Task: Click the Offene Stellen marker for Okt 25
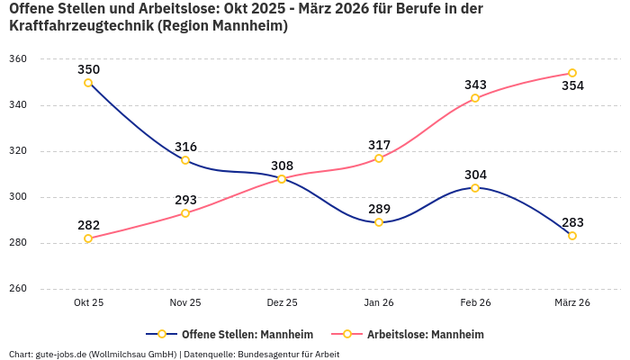click(x=88, y=83)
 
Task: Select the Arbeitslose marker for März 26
click(x=572, y=73)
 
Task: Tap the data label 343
click(x=475, y=85)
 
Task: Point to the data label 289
click(x=379, y=209)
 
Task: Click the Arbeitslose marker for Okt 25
click(x=88, y=238)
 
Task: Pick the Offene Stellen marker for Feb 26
click(x=475, y=188)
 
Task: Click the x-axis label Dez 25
click(x=282, y=302)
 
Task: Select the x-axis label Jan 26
click(x=379, y=302)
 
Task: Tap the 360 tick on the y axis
click(x=18, y=59)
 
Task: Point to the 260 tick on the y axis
click(x=18, y=289)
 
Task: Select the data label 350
click(x=88, y=69)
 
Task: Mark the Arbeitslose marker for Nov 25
click(x=185, y=213)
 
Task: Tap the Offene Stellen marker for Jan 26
click(x=379, y=222)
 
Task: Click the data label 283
click(x=572, y=222)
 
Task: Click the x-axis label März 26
click(x=572, y=302)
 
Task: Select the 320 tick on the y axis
click(x=18, y=151)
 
